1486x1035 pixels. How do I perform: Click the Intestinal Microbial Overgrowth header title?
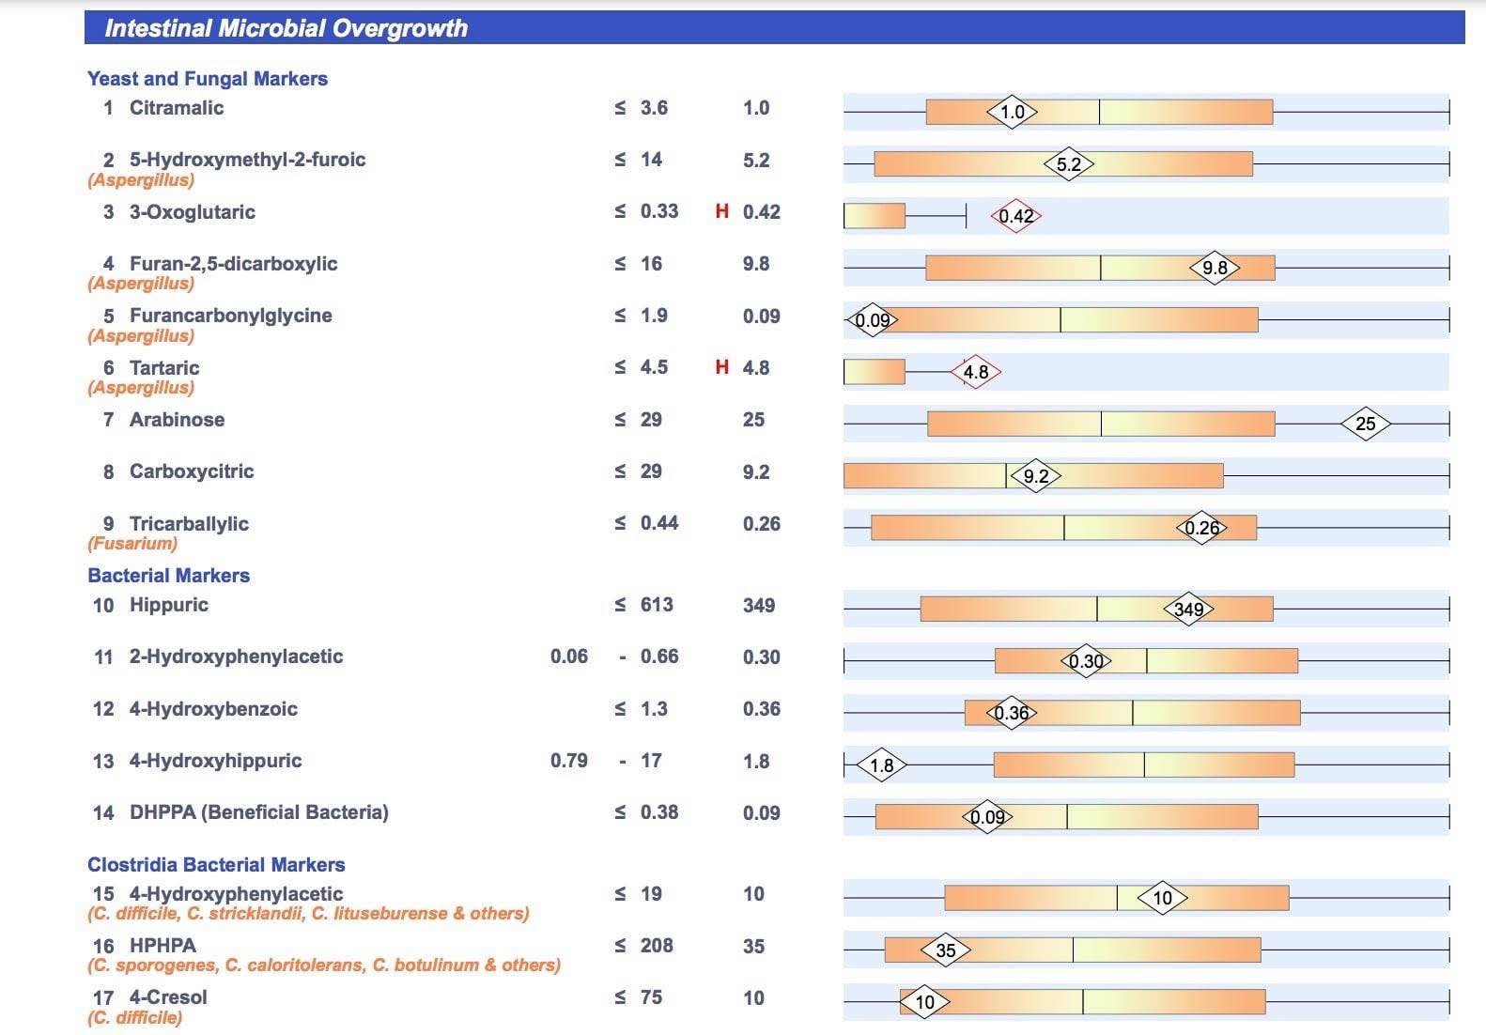(x=286, y=28)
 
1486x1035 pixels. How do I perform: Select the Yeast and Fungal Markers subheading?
(x=208, y=79)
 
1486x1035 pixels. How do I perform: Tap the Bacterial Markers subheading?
(x=169, y=576)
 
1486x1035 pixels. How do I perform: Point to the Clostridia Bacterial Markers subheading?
(x=216, y=865)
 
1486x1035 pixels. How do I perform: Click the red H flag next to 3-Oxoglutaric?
(x=721, y=211)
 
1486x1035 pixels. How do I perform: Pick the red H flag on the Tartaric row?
(x=721, y=367)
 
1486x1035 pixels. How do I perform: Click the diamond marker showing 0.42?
(x=1015, y=217)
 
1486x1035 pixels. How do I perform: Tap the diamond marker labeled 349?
(x=1188, y=610)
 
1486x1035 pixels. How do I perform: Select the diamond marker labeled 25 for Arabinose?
(x=1365, y=425)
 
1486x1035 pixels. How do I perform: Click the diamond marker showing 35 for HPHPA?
(x=945, y=950)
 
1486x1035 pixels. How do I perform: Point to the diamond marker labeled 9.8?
(x=1215, y=269)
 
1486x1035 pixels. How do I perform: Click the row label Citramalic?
(x=177, y=108)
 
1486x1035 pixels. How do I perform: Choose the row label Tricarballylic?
(x=189, y=524)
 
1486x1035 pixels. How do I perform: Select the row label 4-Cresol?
(x=168, y=997)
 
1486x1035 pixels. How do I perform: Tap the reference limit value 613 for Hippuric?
(x=657, y=605)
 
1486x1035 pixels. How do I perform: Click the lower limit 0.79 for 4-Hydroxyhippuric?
(x=569, y=761)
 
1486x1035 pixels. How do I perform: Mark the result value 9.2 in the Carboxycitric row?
(x=755, y=471)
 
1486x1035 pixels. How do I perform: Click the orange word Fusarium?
(x=132, y=544)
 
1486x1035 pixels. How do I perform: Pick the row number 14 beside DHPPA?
(x=103, y=813)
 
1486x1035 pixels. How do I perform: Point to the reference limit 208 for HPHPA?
(x=657, y=946)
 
